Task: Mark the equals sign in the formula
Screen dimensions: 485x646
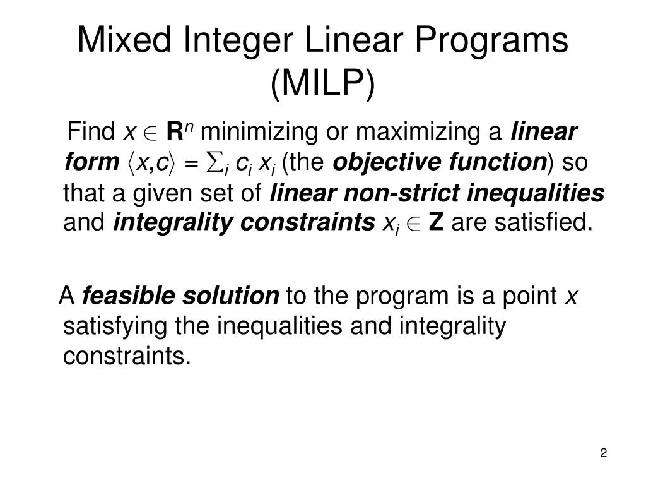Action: tap(192, 164)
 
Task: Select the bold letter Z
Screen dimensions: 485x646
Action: tap(435, 223)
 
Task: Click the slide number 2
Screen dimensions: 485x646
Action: tap(604, 453)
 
